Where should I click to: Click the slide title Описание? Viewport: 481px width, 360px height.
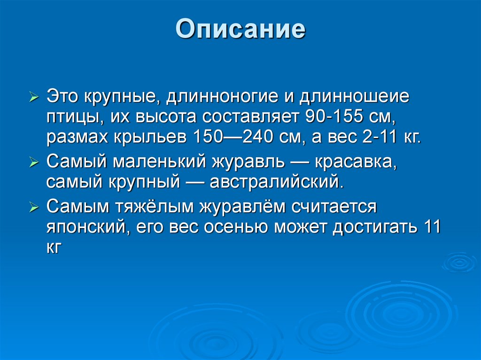[x=240, y=29]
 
